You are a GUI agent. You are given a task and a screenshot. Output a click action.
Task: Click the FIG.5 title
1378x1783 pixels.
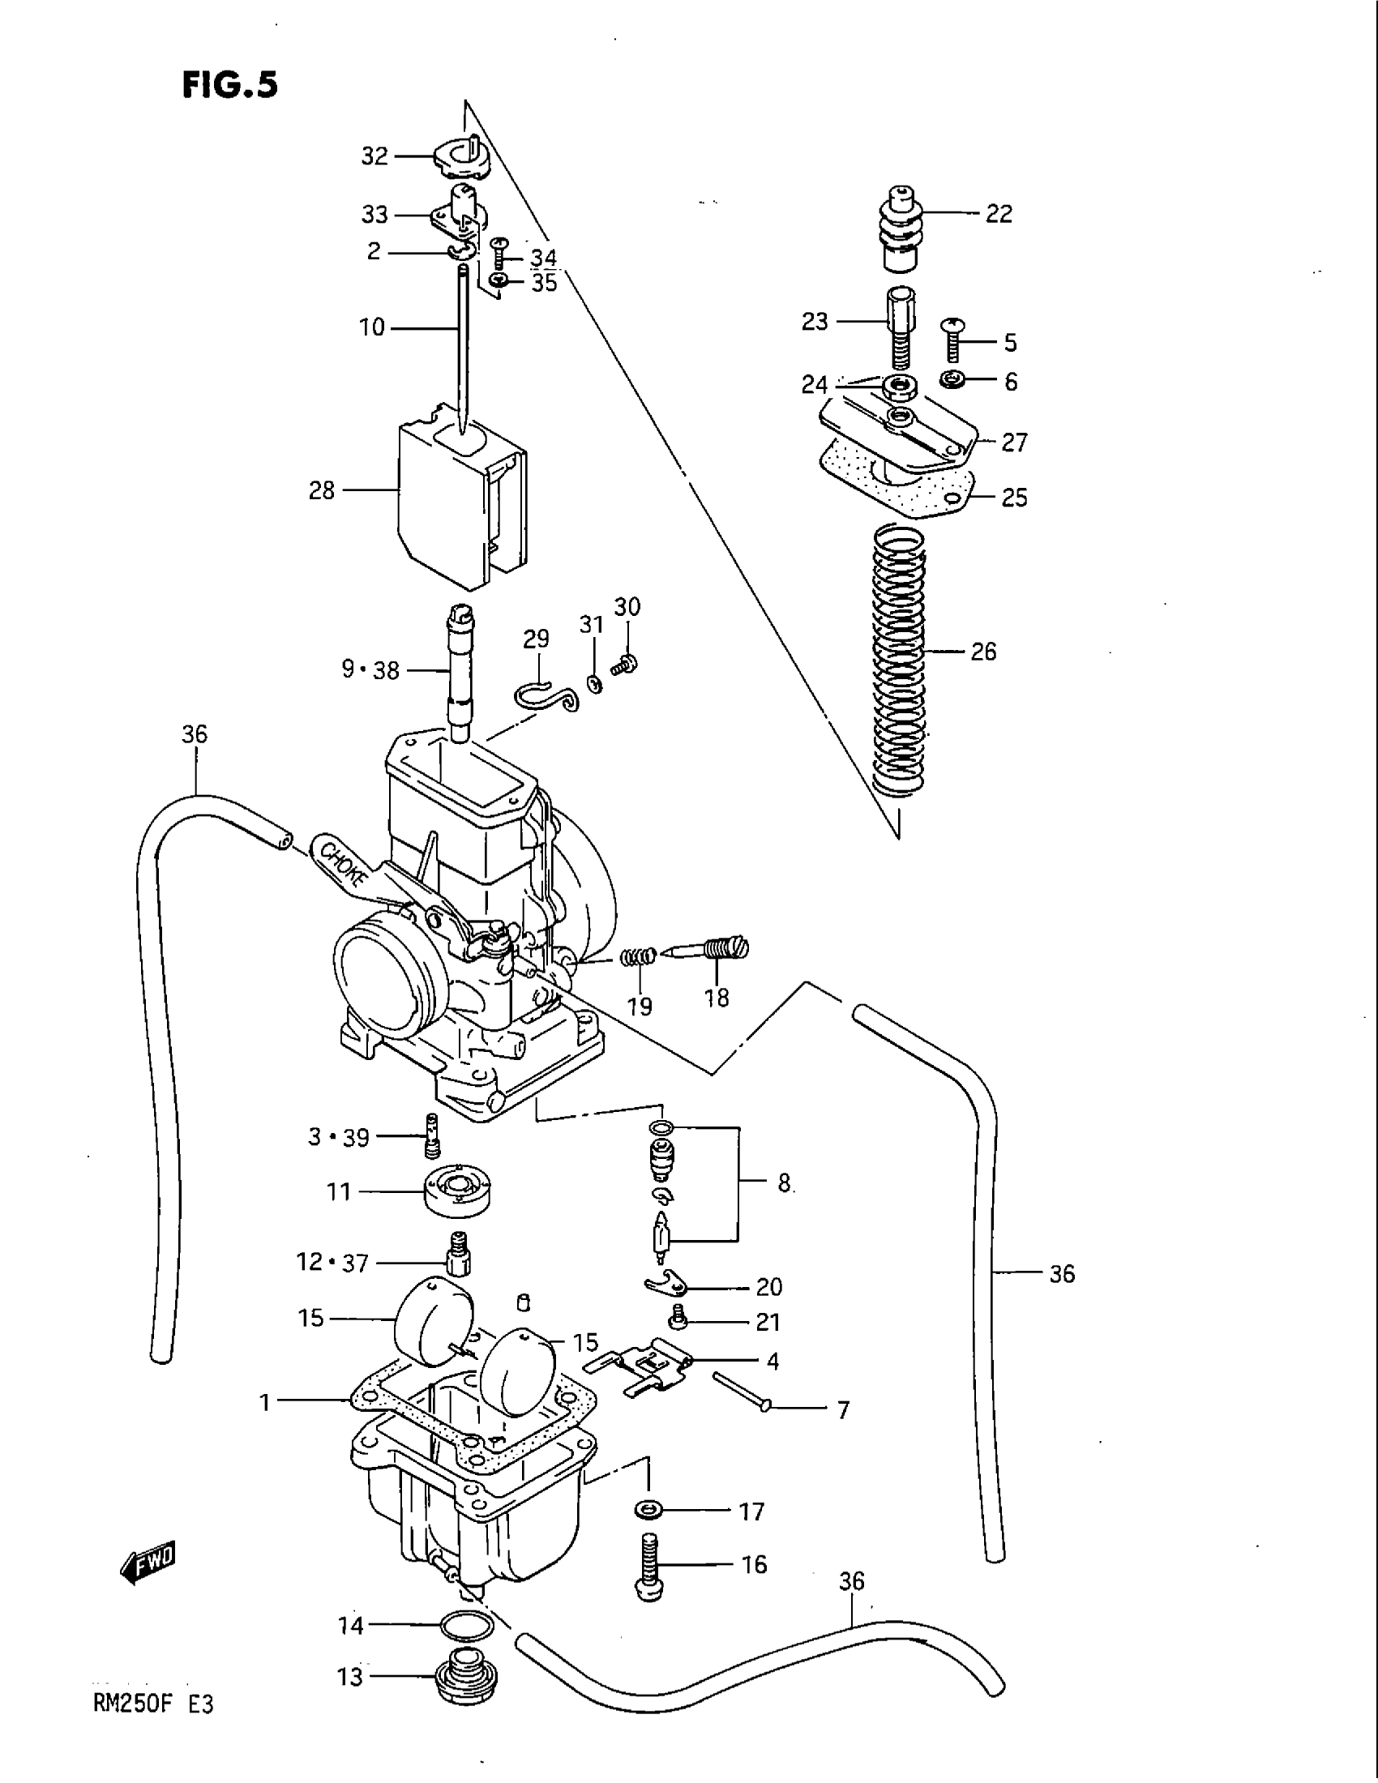[x=230, y=85]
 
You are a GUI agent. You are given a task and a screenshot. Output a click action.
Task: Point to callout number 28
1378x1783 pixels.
[x=322, y=490]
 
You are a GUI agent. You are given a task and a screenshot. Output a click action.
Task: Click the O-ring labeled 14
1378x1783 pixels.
[x=466, y=1627]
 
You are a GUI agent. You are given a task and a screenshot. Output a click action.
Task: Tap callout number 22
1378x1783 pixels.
[x=999, y=214]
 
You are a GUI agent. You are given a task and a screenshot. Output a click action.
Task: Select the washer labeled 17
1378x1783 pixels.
[x=649, y=1510]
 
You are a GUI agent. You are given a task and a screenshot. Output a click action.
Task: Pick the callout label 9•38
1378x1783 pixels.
[x=370, y=670]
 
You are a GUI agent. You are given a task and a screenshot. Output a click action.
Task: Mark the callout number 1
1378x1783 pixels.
[x=264, y=1402]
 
